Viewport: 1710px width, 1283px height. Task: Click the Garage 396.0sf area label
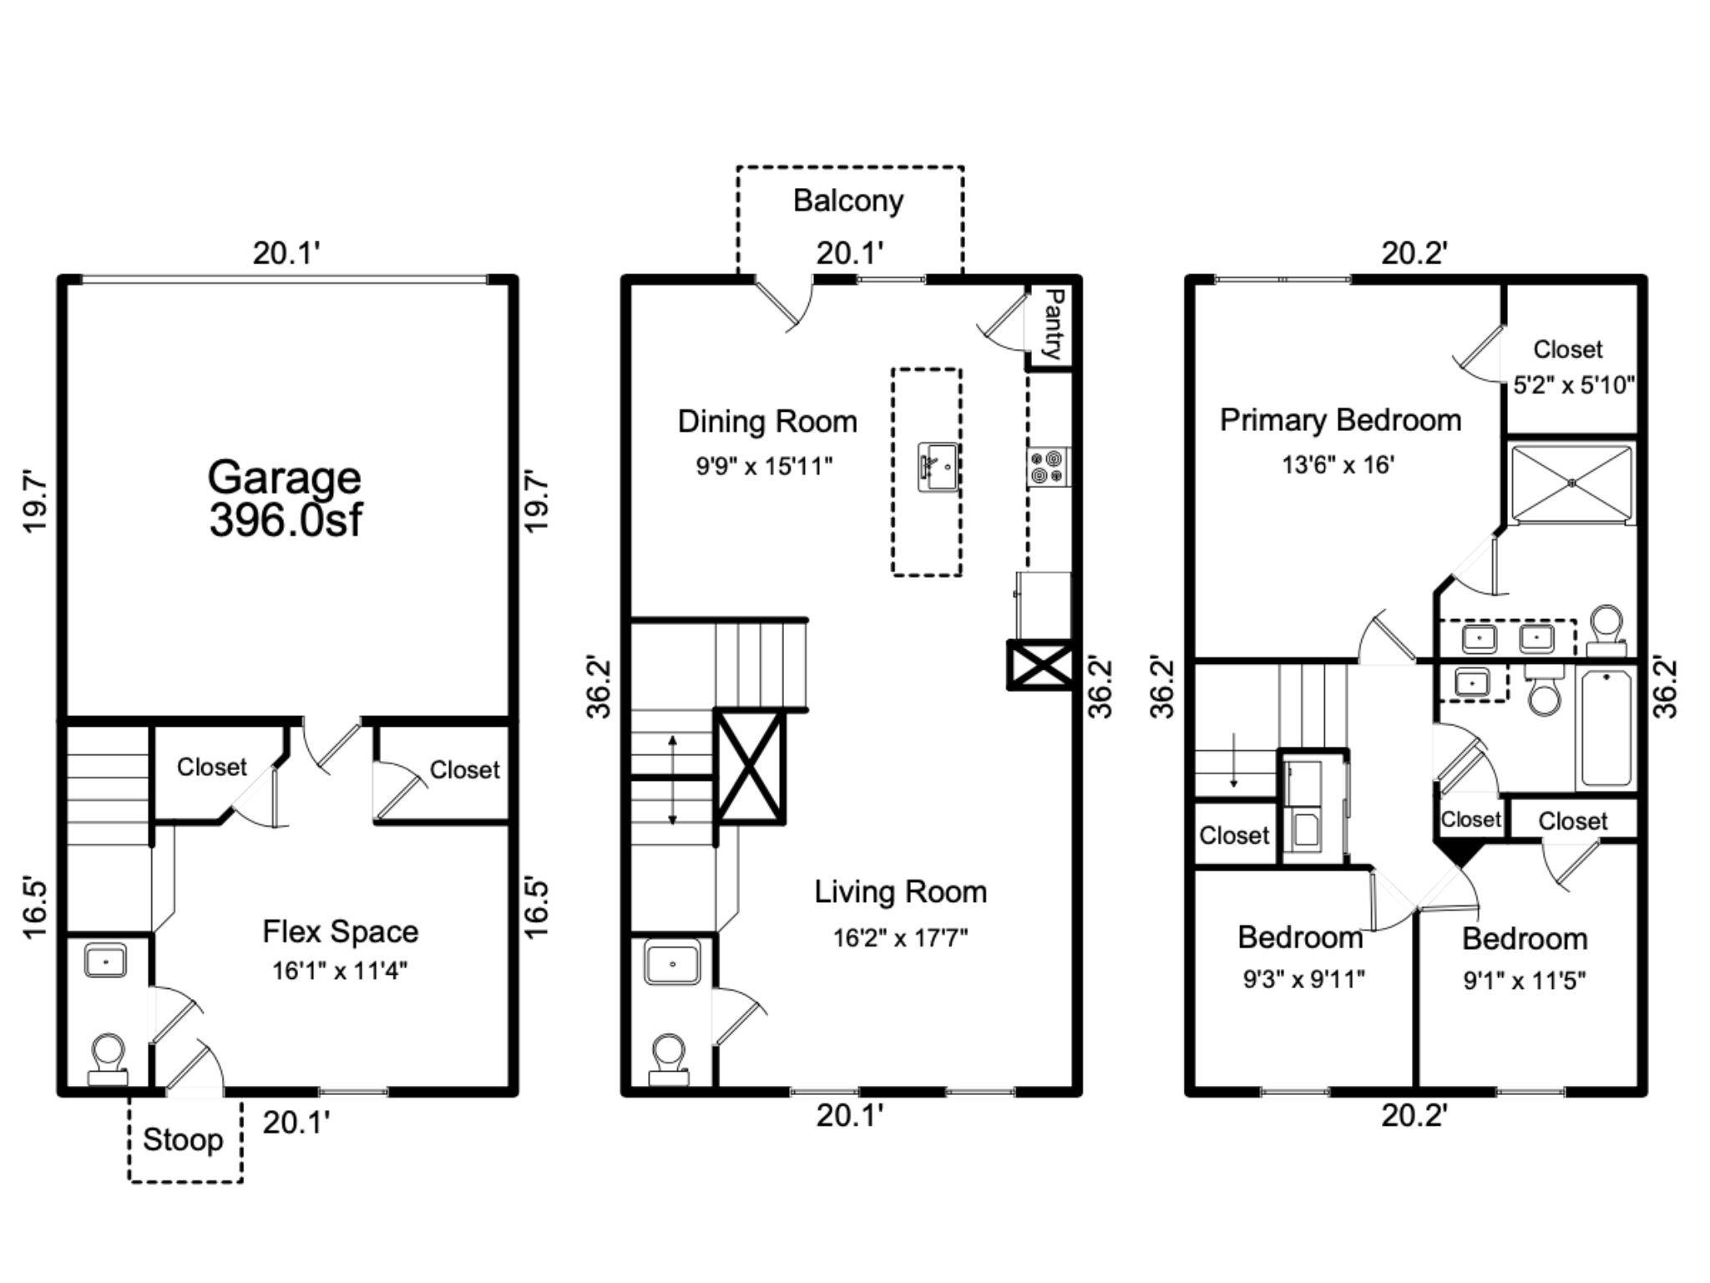coord(285,499)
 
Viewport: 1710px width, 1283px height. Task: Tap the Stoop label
coord(183,1139)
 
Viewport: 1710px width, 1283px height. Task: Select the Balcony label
coord(848,201)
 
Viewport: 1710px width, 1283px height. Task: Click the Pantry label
coord(1054,324)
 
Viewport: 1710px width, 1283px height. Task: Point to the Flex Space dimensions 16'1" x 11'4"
coord(340,971)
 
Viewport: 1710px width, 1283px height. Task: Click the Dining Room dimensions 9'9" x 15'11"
coord(765,465)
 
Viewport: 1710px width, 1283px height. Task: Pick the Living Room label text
coord(901,892)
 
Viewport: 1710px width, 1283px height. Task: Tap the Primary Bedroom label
coord(1341,420)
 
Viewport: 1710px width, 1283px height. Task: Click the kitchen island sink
coord(938,467)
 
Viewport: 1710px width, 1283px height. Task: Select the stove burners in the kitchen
coord(1048,467)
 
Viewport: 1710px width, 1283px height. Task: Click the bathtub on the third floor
coord(1606,727)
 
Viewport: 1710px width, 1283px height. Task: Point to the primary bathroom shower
coord(1571,483)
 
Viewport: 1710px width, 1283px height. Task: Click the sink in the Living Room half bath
coord(672,963)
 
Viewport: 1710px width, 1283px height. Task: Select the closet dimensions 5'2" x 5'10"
coord(1573,385)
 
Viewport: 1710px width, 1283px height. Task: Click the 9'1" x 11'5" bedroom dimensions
coord(1525,980)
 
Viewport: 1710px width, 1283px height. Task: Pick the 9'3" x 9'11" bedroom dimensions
coord(1303,978)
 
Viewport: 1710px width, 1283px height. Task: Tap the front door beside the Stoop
coord(195,1066)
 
